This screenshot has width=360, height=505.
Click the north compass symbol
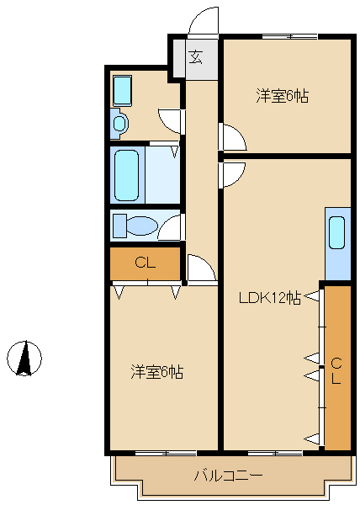(x=24, y=359)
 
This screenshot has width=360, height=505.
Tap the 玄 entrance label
(x=196, y=57)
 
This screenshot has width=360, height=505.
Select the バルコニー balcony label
(x=228, y=476)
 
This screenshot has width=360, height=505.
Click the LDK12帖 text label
(x=270, y=298)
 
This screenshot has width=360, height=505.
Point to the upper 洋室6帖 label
(x=282, y=96)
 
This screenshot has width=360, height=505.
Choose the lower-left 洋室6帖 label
(x=157, y=372)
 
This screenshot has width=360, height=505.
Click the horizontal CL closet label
(x=146, y=263)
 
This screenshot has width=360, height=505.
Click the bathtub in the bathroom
(x=127, y=176)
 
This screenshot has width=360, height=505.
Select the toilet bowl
(x=141, y=226)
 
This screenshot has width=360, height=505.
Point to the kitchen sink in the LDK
(x=337, y=233)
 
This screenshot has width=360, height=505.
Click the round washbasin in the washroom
(x=119, y=123)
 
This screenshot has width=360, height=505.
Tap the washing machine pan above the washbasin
(x=122, y=91)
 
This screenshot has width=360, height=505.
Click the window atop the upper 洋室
(x=290, y=37)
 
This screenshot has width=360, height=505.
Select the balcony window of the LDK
(x=275, y=453)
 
